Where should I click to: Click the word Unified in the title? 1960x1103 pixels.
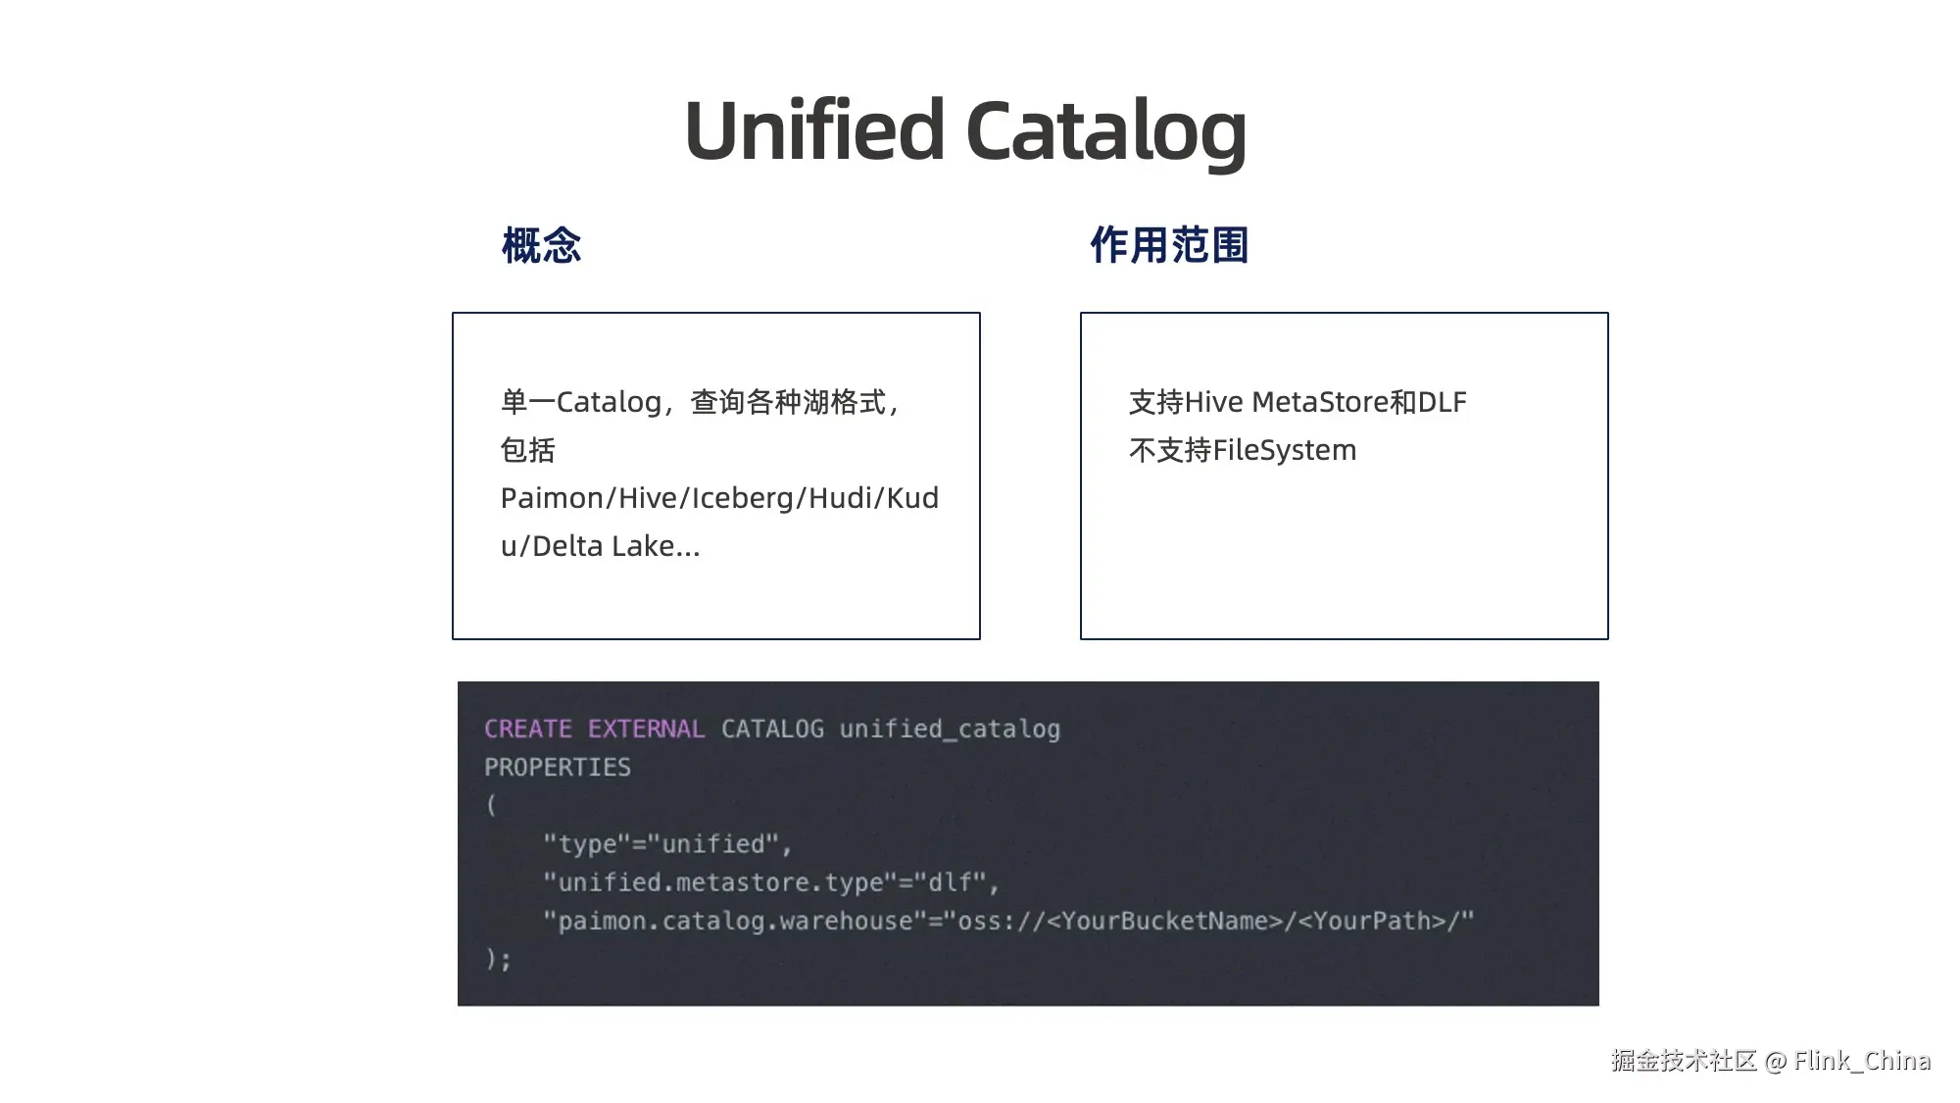[813, 130]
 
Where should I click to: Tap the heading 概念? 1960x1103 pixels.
[541, 245]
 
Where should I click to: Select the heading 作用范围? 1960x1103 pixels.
[1169, 245]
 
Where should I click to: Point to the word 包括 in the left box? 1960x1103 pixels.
[527, 450]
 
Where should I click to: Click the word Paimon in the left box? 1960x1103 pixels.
[553, 498]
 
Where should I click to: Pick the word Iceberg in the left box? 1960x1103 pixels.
[744, 498]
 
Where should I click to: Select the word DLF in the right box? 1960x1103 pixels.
[1443, 402]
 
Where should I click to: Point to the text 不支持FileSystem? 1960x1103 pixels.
[1243, 450]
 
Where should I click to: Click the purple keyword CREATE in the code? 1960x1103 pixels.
[527, 728]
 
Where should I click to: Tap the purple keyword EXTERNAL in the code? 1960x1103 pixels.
[646, 728]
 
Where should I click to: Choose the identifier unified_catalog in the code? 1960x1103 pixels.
[950, 728]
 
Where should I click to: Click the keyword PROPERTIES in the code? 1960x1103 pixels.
[557, 767]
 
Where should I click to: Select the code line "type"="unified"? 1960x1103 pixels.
[667, 844]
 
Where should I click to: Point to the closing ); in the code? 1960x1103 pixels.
[498, 959]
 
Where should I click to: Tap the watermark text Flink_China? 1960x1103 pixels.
[1862, 1061]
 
